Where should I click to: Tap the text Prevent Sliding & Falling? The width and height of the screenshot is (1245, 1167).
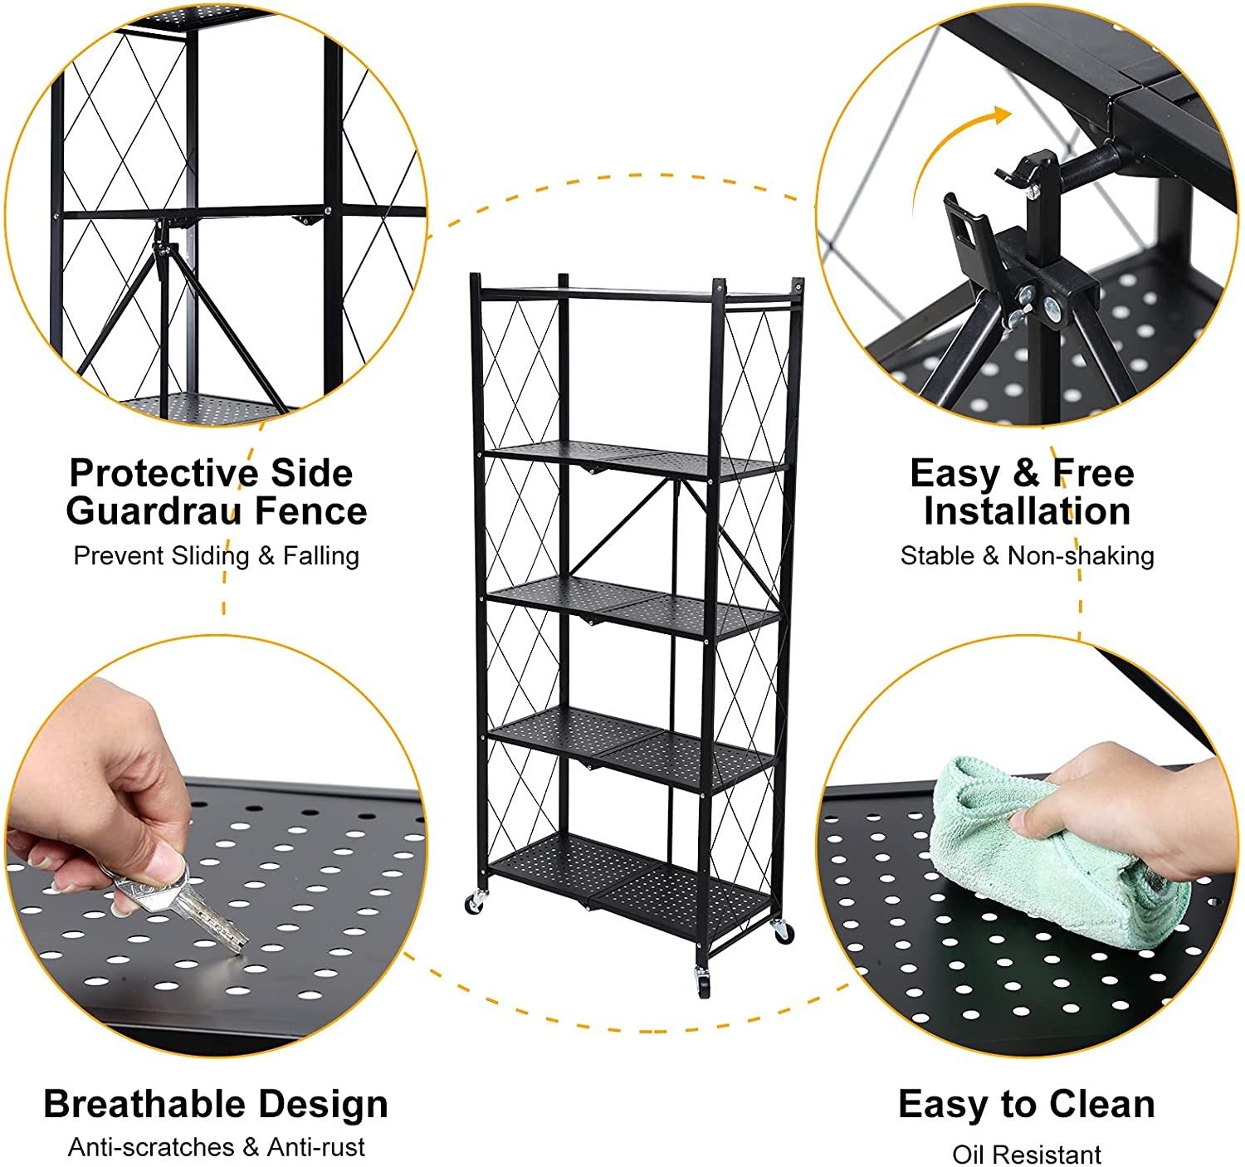click(x=216, y=555)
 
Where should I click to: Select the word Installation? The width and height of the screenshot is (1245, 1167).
click(x=1027, y=511)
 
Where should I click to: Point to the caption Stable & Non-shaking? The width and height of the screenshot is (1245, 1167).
click(x=1027, y=555)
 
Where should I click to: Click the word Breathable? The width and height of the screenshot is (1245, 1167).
click(x=144, y=1105)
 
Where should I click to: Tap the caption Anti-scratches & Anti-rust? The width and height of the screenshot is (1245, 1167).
click(x=216, y=1148)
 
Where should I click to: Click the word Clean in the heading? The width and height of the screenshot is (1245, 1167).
click(x=1101, y=1105)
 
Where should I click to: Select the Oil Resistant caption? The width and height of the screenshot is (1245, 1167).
click(x=1027, y=1155)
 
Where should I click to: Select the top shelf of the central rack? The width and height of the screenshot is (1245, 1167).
click(x=635, y=292)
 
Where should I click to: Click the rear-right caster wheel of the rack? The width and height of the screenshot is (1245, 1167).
click(x=782, y=931)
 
